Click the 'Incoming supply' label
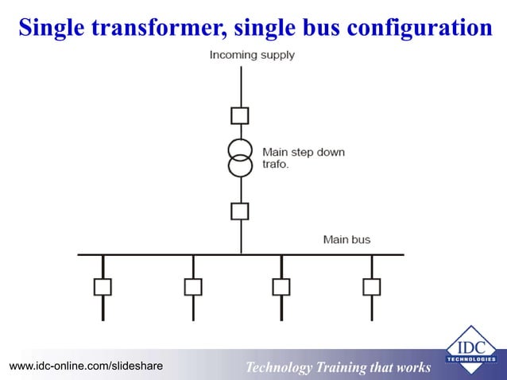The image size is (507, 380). [252, 55]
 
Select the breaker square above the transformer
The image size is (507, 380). [240, 116]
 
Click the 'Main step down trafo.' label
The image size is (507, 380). [303, 157]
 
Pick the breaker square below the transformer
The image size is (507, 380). [240, 211]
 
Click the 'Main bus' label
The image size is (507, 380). [346, 239]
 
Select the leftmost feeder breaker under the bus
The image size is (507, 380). [103, 286]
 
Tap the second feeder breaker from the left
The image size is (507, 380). [193, 286]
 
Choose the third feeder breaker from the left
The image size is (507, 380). [281, 286]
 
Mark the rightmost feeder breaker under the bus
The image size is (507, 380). [371, 286]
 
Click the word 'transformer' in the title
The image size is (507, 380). [159, 28]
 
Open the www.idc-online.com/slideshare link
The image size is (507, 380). [86, 366]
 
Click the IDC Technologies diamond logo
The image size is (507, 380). [470, 349]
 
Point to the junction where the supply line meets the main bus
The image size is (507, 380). [240, 254]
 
